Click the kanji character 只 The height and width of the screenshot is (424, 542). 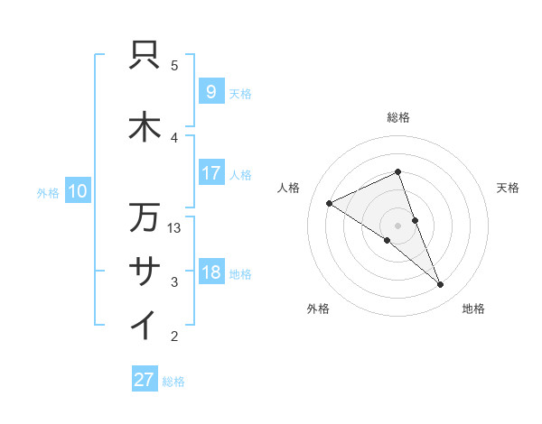pos(145,56)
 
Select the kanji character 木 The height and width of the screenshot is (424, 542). pos(145,127)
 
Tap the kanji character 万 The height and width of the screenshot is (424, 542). pos(145,217)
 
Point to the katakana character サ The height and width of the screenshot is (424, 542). pos(145,272)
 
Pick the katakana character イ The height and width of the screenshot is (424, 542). pos(145,326)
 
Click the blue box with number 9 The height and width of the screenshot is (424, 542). pos(210,91)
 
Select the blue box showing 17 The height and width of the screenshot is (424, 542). pos(210,172)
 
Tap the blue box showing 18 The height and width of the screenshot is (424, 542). pos(210,272)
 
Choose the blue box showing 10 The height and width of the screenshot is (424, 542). pos(77,190)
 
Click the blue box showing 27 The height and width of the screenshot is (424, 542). pos(144,380)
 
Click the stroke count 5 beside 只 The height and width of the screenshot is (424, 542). pos(174,65)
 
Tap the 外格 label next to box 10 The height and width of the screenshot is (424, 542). pos(48,192)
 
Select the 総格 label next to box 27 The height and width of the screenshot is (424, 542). pos(173,382)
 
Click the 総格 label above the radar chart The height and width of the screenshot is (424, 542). pos(397,117)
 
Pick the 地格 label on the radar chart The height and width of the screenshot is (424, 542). pos(473,309)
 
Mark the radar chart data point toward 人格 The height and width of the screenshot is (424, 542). pos(329,204)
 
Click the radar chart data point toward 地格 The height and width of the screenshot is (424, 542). pos(441,285)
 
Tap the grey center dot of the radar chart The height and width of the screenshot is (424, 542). pos(397,225)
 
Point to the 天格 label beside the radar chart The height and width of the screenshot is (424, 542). pos(508,188)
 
